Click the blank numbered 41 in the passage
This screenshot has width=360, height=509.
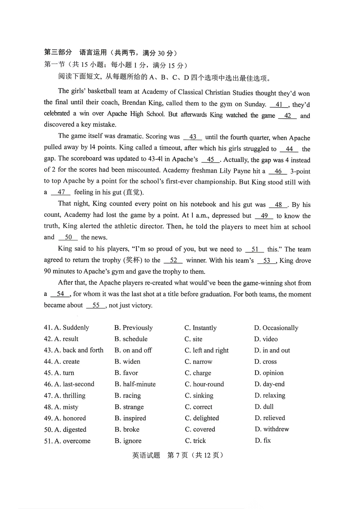click(279, 105)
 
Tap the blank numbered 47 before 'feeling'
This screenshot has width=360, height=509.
click(61, 192)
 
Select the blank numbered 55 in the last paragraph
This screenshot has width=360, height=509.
click(96, 305)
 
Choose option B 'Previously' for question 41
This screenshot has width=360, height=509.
click(134, 328)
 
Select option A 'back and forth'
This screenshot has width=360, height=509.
click(79, 350)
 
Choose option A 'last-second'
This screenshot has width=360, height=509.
click(74, 384)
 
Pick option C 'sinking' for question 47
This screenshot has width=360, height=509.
click(199, 395)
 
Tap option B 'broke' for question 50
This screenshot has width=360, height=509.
click(127, 429)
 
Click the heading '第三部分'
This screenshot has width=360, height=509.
click(58, 53)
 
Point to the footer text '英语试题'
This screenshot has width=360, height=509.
click(146, 455)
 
